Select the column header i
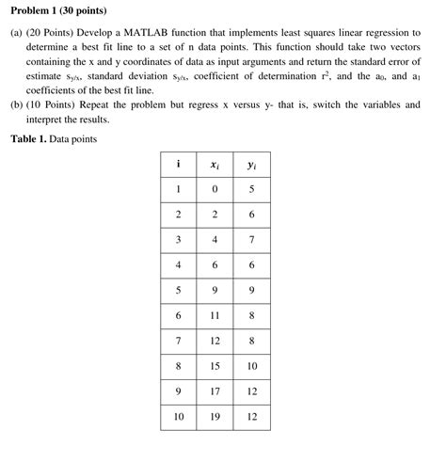(178, 164)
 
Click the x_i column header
(215, 165)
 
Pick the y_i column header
(251, 165)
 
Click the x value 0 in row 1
(215, 189)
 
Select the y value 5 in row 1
(251, 189)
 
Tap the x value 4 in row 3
(215, 240)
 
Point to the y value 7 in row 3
(251, 240)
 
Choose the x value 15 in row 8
(215, 366)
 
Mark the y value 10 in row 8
(251, 366)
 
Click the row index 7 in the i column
(178, 341)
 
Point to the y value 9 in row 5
(251, 291)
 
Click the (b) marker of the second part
(16, 105)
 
